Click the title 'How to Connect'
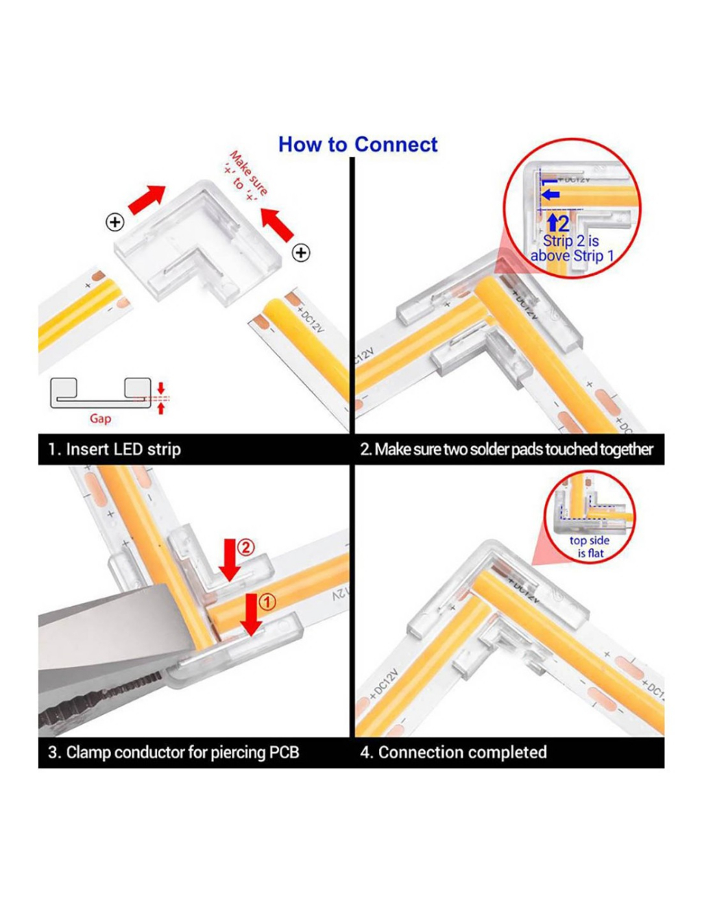pyautogui.click(x=357, y=145)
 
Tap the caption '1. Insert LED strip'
pyautogui.click(x=114, y=450)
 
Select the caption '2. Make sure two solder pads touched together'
pyautogui.click(x=507, y=450)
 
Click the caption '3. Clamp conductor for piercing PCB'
pyautogui.click(x=173, y=752)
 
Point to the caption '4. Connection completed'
pyautogui.click(x=453, y=752)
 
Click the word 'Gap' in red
pyautogui.click(x=100, y=418)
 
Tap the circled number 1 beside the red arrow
pyautogui.click(x=267, y=602)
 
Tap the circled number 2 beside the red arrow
pyautogui.click(x=245, y=547)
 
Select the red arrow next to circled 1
pyautogui.click(x=252, y=614)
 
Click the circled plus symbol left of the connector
pyautogui.click(x=114, y=222)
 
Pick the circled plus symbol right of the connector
pyautogui.click(x=301, y=252)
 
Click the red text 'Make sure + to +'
pyautogui.click(x=245, y=177)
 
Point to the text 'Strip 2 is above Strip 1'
pyautogui.click(x=572, y=249)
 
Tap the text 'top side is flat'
pyautogui.click(x=589, y=547)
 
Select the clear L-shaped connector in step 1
pyautogui.click(x=199, y=243)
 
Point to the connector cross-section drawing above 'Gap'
pyautogui.click(x=101, y=394)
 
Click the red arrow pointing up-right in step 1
pyautogui.click(x=147, y=199)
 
